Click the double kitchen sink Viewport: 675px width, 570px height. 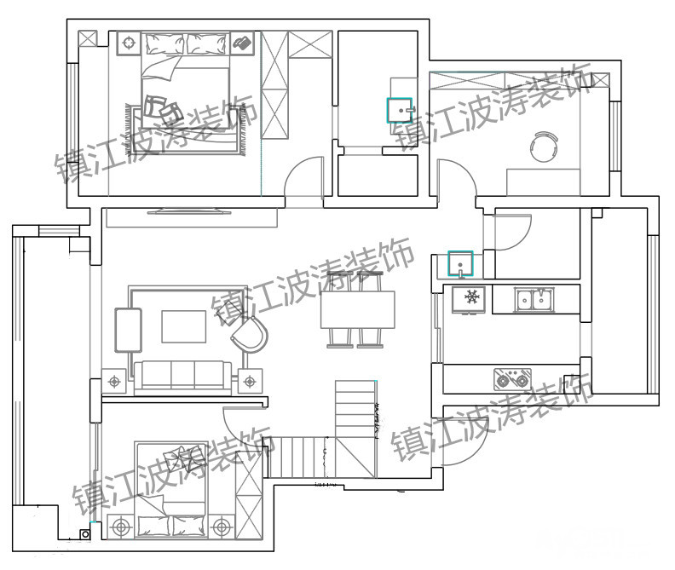tap(534, 300)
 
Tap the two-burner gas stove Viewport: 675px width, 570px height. tap(512, 379)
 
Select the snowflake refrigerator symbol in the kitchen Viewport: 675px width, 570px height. tap(469, 300)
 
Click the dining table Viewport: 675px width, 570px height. tap(358, 309)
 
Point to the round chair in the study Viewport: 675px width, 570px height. tap(544, 147)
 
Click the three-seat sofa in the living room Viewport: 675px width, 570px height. tap(183, 377)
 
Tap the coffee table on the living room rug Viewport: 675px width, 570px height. tap(184, 326)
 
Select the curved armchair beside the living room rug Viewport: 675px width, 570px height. tap(250, 335)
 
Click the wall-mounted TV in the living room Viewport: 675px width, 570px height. tap(189, 211)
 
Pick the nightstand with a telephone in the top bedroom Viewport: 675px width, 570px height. tap(242, 43)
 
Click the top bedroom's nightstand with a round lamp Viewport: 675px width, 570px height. tap(129, 43)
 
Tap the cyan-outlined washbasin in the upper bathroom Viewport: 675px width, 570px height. tap(400, 110)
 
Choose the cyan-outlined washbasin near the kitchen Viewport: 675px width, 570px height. tap(460, 263)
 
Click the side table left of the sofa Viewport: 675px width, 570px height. tap(114, 382)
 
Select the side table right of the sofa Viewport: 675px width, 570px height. tap(250, 382)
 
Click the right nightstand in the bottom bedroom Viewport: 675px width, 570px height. tap(222, 527)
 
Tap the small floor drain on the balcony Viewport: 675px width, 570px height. tap(85, 534)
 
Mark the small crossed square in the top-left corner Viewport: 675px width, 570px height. tap(88, 38)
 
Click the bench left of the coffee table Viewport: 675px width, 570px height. tap(128, 331)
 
